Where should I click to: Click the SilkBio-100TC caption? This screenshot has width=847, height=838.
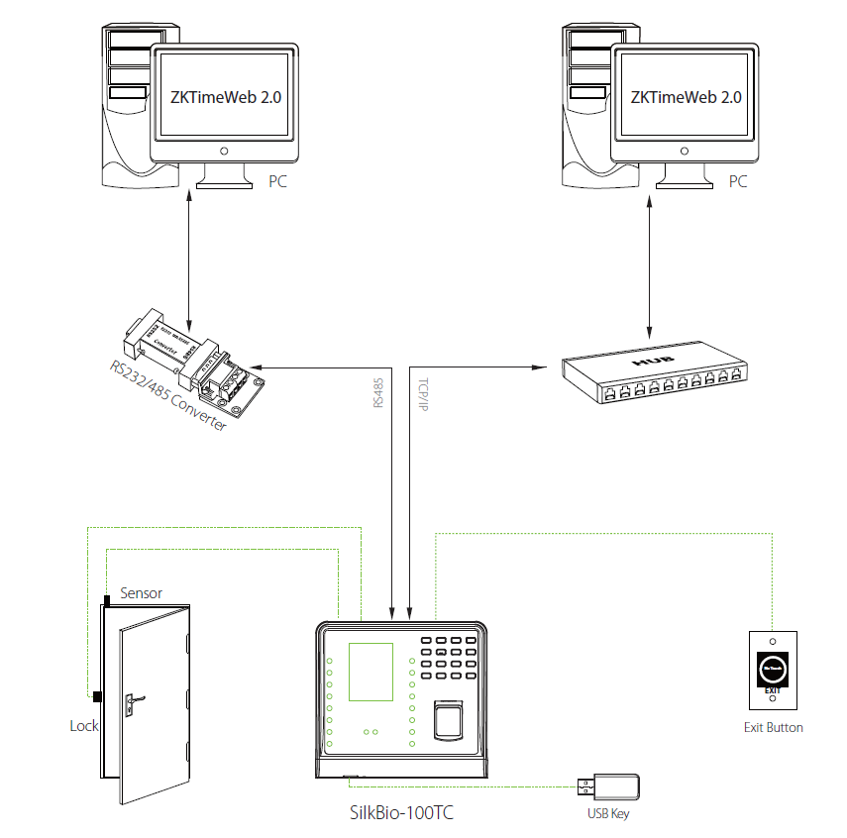(403, 811)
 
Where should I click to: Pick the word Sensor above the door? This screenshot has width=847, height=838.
(141, 593)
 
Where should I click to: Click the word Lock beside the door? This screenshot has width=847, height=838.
(84, 726)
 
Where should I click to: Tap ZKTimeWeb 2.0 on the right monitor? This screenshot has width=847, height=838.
(686, 97)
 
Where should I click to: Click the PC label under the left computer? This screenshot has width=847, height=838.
(277, 183)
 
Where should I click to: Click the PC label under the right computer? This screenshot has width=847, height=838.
(738, 183)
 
